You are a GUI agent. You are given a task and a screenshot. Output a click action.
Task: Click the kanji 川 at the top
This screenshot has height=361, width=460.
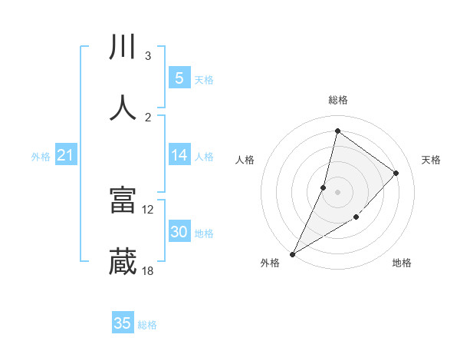(123, 48)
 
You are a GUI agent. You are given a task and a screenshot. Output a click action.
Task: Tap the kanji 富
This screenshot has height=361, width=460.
(123, 200)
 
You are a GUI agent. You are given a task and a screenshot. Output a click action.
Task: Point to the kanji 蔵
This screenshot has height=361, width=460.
(123, 262)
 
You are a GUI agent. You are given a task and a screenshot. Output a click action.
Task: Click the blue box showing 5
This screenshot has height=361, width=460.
(179, 78)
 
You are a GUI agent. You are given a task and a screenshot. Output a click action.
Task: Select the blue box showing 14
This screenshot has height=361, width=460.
(179, 155)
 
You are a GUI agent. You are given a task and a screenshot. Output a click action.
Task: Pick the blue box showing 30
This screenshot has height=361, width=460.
(179, 232)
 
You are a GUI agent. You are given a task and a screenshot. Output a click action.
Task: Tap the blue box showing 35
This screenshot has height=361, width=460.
(123, 323)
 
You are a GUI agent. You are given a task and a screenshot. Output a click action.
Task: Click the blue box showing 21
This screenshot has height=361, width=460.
(66, 155)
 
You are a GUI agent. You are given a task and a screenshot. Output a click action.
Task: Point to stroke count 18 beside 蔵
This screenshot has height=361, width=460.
(148, 271)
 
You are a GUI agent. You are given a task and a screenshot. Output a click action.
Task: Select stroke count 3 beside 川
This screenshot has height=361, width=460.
(148, 56)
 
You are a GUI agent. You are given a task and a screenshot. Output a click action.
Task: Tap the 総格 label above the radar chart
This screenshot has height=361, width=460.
(337, 100)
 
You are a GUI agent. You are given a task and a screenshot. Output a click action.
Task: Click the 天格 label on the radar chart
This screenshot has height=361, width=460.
(431, 160)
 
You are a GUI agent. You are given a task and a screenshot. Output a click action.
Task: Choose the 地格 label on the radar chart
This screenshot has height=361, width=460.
(402, 263)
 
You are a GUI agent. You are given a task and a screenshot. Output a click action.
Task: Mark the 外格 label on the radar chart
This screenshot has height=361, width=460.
(270, 263)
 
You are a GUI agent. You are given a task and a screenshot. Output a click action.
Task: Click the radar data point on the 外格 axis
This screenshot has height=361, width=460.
(292, 253)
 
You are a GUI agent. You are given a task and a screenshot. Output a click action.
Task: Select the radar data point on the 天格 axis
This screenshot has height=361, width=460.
(396, 173)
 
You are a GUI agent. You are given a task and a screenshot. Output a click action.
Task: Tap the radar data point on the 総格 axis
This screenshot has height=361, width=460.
(337, 131)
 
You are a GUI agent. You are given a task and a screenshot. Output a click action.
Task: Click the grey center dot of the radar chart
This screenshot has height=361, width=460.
(337, 191)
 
